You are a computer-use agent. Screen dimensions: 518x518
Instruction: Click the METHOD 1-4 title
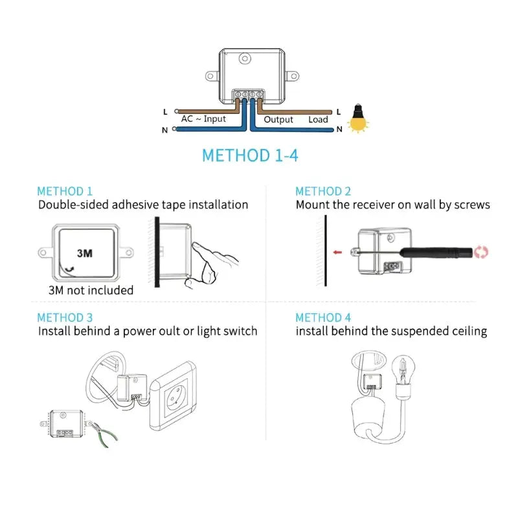(x=250, y=155)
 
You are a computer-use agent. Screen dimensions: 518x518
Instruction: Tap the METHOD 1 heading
(x=65, y=191)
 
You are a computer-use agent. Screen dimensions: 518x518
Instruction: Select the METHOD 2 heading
(x=323, y=191)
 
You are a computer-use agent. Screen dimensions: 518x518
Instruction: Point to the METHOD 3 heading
(x=65, y=317)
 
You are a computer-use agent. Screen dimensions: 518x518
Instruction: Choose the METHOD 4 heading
(x=323, y=317)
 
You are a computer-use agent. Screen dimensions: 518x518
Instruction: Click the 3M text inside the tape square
(x=84, y=253)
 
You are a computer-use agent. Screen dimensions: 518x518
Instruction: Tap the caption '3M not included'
(x=91, y=290)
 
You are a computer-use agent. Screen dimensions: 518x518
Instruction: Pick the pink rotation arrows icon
(x=480, y=252)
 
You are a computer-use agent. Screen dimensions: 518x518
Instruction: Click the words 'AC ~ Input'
(x=203, y=119)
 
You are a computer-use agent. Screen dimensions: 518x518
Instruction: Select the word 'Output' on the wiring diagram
(x=278, y=119)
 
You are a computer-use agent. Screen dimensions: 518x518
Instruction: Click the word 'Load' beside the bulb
(x=318, y=119)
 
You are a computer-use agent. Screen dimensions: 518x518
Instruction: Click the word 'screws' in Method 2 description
(x=470, y=205)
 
